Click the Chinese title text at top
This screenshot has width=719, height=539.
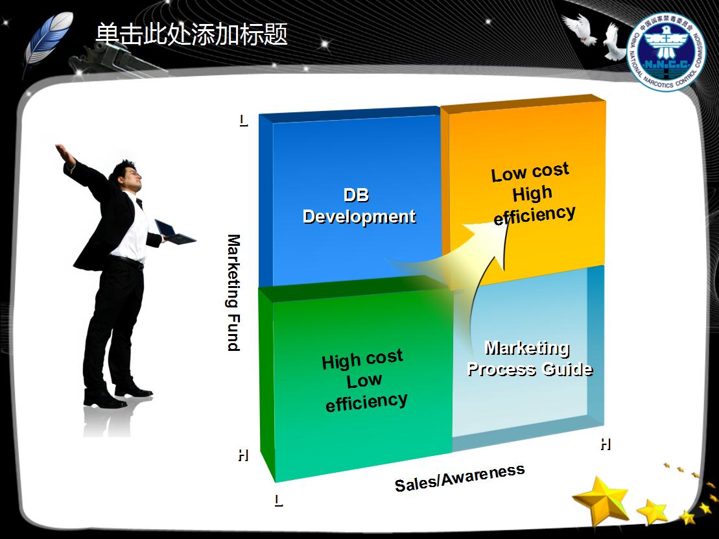pyautogui.click(x=191, y=34)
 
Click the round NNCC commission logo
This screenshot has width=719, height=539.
pyautogui.click(x=667, y=51)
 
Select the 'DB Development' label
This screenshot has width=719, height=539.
pyautogui.click(x=359, y=206)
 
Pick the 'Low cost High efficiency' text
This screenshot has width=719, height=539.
pyautogui.click(x=532, y=193)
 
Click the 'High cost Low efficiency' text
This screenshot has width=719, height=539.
pyautogui.click(x=364, y=381)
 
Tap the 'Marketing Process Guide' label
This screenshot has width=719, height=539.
pyautogui.click(x=529, y=359)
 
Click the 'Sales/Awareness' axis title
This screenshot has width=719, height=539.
pyautogui.click(x=459, y=478)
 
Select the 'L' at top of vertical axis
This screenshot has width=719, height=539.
pyautogui.click(x=243, y=120)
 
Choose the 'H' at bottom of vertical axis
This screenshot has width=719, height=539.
pyautogui.click(x=243, y=455)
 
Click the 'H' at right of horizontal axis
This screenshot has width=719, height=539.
pyautogui.click(x=605, y=444)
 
